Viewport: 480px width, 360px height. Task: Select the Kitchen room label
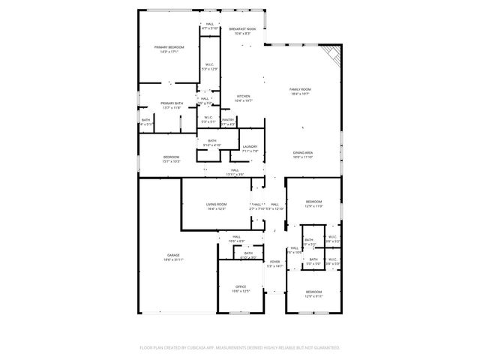pos(244,96)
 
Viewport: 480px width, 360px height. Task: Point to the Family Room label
pos(301,89)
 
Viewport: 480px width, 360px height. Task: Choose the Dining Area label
pos(302,153)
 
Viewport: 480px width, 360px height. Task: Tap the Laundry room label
pos(250,146)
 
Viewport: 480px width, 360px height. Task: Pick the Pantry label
pos(228,119)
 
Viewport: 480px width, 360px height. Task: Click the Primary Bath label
pos(172,103)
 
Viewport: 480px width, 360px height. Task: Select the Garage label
pos(173,255)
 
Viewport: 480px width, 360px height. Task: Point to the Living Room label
pos(217,204)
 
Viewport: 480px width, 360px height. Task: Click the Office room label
pos(241,286)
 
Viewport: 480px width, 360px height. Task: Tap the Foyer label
pos(275,262)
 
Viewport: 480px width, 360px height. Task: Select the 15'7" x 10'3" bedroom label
pos(172,157)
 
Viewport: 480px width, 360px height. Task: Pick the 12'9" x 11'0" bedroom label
pos(313,201)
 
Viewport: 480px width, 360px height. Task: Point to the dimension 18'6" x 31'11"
pos(173,259)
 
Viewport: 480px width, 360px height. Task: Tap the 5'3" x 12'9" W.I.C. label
pos(210,64)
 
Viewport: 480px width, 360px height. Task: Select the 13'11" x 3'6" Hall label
pos(235,170)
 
